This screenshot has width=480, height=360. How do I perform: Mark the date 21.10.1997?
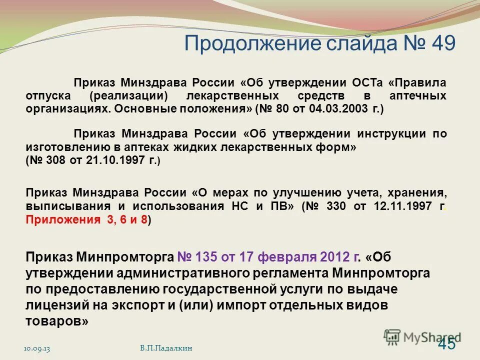pos(114,160)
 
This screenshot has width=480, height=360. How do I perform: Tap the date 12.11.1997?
pos(401,206)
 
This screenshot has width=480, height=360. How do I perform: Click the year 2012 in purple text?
pos(333,257)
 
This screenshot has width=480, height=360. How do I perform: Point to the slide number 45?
pos(446,344)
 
